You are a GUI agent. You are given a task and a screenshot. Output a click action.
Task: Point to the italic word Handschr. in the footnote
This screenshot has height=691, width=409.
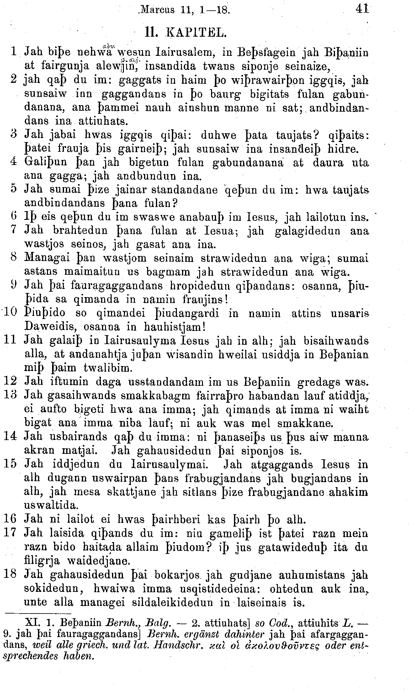[172, 646]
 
